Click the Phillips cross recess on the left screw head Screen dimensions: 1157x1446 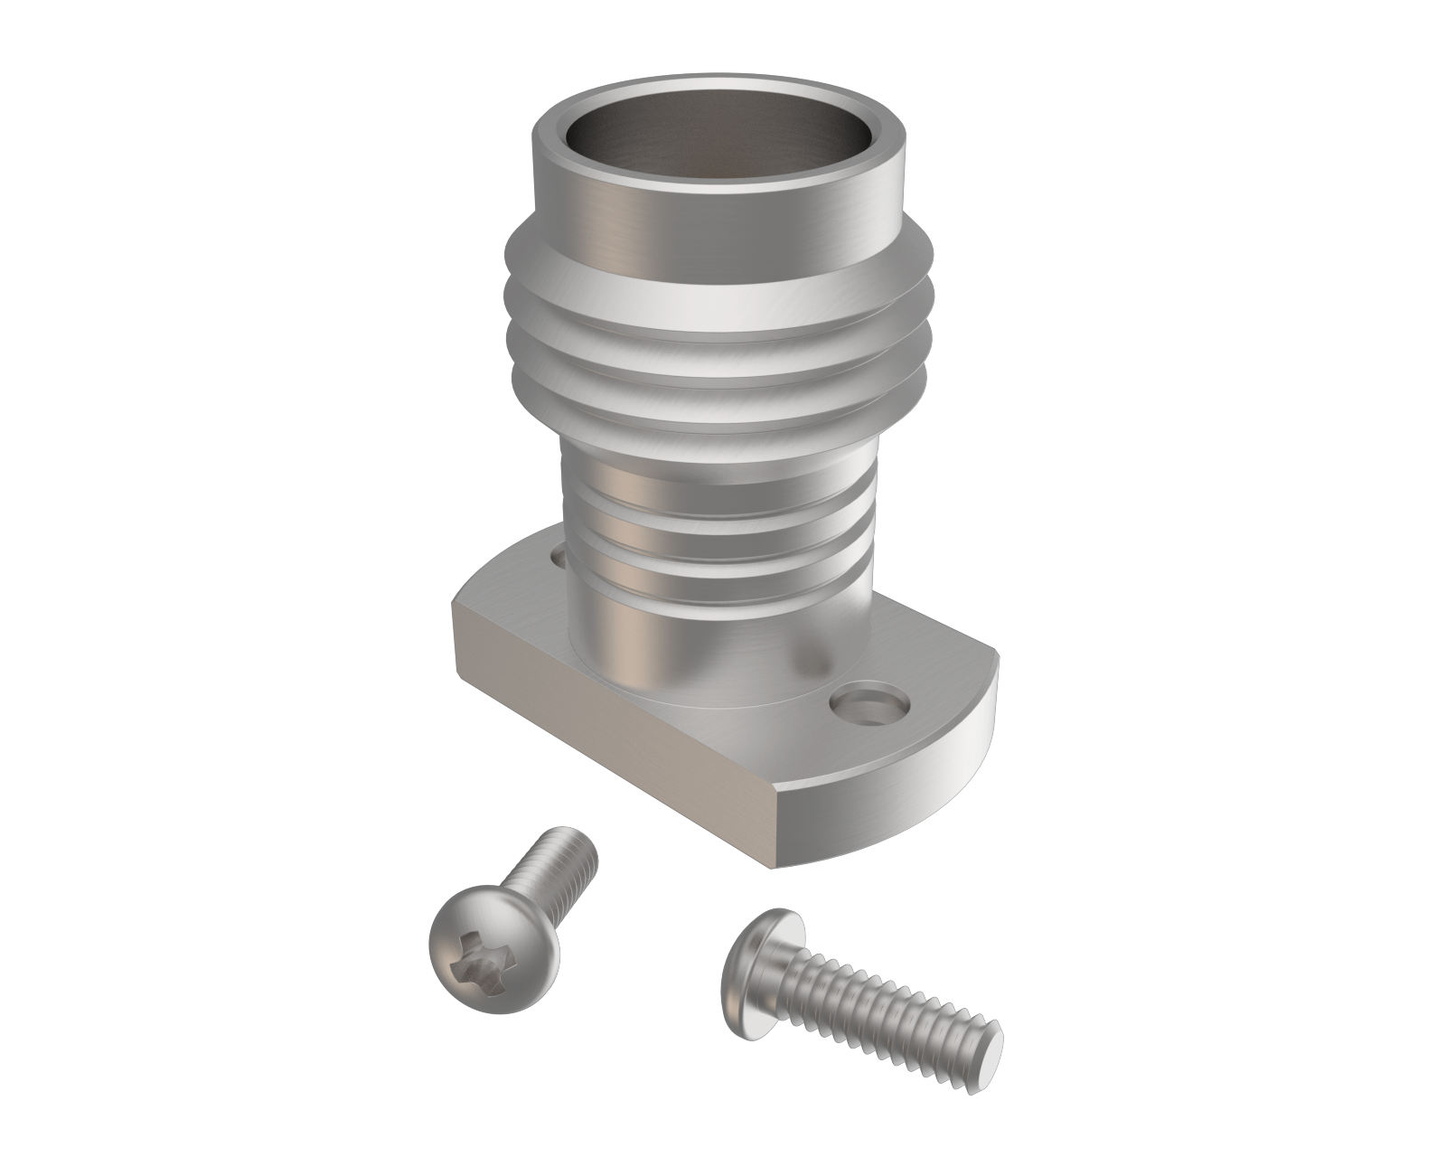pyautogui.click(x=488, y=956)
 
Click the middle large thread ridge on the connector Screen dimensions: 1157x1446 pyautogui.click(x=714, y=348)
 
